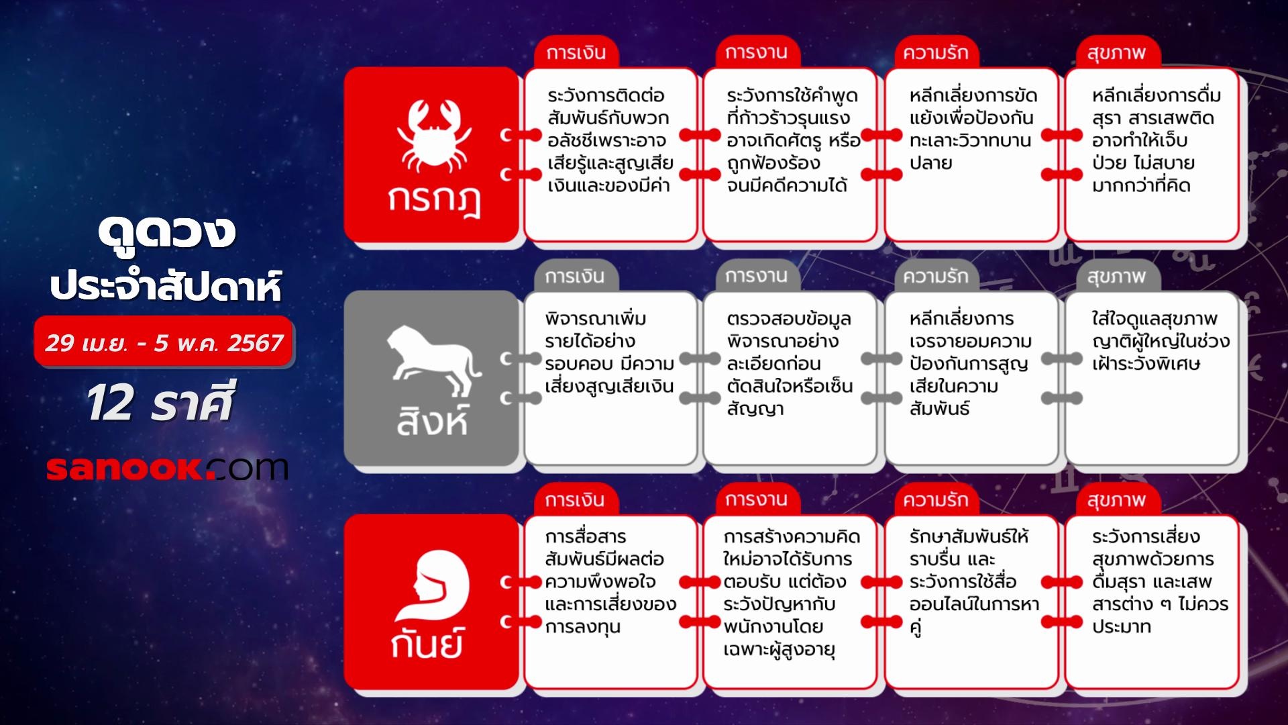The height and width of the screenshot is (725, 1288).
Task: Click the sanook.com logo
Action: click(167, 468)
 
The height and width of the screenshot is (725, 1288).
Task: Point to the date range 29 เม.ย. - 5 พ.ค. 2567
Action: click(164, 343)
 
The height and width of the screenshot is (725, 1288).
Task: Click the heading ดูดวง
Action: click(166, 232)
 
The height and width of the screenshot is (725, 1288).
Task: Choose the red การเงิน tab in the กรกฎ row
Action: click(576, 52)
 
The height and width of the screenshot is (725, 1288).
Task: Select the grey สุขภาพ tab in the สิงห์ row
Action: click(1116, 276)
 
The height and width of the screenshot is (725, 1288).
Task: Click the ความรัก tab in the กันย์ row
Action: click(935, 499)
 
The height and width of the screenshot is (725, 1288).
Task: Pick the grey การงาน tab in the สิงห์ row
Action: click(756, 276)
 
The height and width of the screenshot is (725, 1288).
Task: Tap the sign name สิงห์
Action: click(432, 422)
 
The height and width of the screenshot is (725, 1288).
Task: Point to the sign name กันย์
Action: click(427, 645)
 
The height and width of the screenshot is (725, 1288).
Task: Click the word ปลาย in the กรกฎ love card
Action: click(930, 163)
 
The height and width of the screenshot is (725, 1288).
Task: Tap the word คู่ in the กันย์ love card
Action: click(916, 628)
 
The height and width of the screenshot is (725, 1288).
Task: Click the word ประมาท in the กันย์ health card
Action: click(1121, 627)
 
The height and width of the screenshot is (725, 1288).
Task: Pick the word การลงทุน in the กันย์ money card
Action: click(582, 627)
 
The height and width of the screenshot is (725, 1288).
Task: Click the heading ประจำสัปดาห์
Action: click(166, 286)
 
